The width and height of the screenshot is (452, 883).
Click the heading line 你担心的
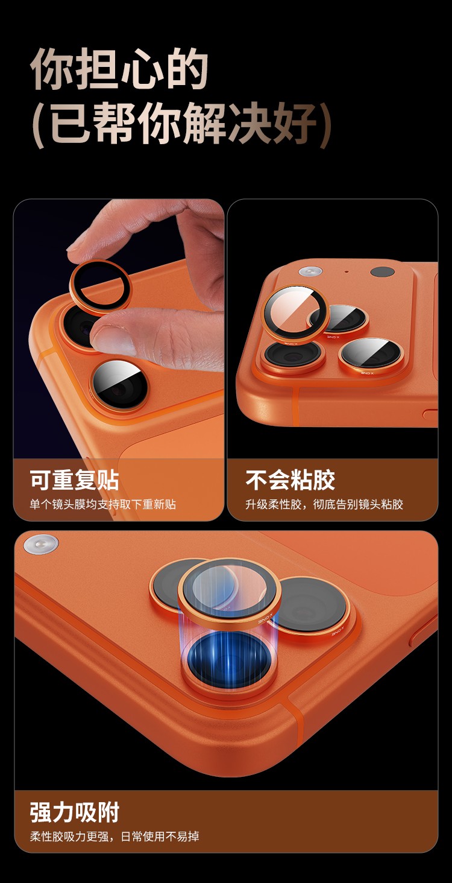[119, 69]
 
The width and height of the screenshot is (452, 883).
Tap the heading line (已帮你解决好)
[181, 124]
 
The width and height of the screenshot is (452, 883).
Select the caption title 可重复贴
[74, 479]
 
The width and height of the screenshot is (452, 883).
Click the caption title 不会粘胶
[290, 479]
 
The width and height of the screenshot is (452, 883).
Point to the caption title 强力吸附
[74, 812]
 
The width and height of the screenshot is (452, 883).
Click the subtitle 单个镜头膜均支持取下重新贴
[103, 504]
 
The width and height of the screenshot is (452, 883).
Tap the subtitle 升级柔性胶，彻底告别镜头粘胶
[324, 504]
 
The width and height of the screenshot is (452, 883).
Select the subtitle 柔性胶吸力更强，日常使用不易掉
[115, 837]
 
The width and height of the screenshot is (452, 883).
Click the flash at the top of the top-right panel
[310, 271]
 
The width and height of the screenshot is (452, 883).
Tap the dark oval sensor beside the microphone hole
[383, 272]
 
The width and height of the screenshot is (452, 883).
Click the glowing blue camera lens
[229, 657]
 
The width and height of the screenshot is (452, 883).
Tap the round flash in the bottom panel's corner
[40, 545]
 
